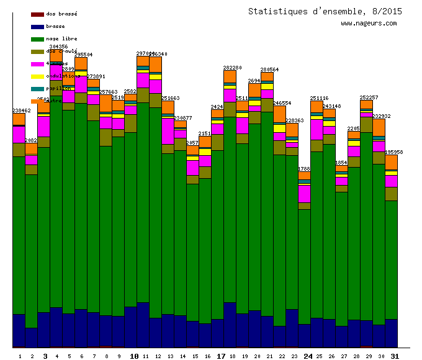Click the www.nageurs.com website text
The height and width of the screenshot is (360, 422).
click(369, 24)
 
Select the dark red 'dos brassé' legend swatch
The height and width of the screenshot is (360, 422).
click(37, 14)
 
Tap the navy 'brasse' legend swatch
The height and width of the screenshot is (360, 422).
click(37, 27)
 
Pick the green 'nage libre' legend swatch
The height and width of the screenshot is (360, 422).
click(37, 39)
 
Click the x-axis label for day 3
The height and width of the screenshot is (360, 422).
click(45, 356)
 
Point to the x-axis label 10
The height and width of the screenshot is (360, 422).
click(134, 356)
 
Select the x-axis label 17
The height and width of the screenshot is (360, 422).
click(221, 356)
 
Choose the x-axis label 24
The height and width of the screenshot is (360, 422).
click(308, 356)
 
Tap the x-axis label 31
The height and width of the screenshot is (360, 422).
click(395, 356)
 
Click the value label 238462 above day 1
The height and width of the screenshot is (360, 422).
click(22, 110)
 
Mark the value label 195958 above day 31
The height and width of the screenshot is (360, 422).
click(394, 152)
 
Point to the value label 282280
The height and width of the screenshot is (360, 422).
click(233, 68)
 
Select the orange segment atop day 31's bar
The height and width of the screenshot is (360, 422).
click(391, 162)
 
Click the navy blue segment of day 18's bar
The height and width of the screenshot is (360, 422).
click(230, 324)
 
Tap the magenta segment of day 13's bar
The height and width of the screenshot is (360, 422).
click(168, 130)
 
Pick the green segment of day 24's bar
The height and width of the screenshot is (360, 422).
click(304, 267)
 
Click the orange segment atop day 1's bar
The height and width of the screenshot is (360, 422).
click(19, 119)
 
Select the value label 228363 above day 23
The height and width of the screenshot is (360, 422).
click(295, 120)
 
